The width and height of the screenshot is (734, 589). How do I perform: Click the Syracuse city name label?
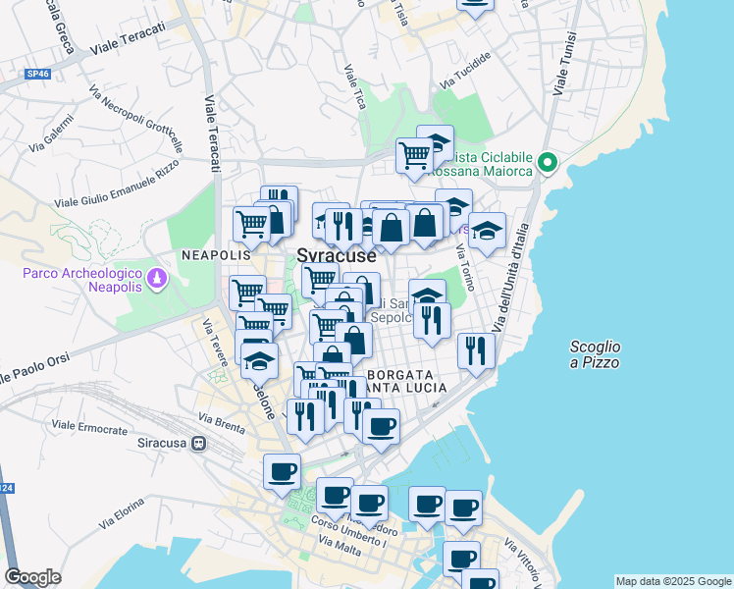click(x=336, y=255)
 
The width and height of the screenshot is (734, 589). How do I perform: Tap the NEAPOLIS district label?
click(x=210, y=254)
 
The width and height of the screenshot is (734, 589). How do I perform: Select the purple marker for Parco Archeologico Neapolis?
click(x=156, y=282)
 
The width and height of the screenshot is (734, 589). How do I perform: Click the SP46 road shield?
click(x=37, y=74)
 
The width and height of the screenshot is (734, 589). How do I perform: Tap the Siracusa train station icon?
click(x=199, y=443)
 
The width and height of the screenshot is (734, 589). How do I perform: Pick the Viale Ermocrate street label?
click(x=89, y=428)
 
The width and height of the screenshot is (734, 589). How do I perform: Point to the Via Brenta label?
click(x=221, y=425)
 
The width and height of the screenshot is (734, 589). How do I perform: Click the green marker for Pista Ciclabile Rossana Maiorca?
click(x=549, y=163)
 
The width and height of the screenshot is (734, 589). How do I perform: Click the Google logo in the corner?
click(x=32, y=577)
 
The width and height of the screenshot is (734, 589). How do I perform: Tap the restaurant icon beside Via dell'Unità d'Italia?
click(x=476, y=350)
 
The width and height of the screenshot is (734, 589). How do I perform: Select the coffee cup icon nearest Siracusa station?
click(x=282, y=471)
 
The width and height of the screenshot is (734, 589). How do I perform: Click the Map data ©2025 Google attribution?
click(x=672, y=581)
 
